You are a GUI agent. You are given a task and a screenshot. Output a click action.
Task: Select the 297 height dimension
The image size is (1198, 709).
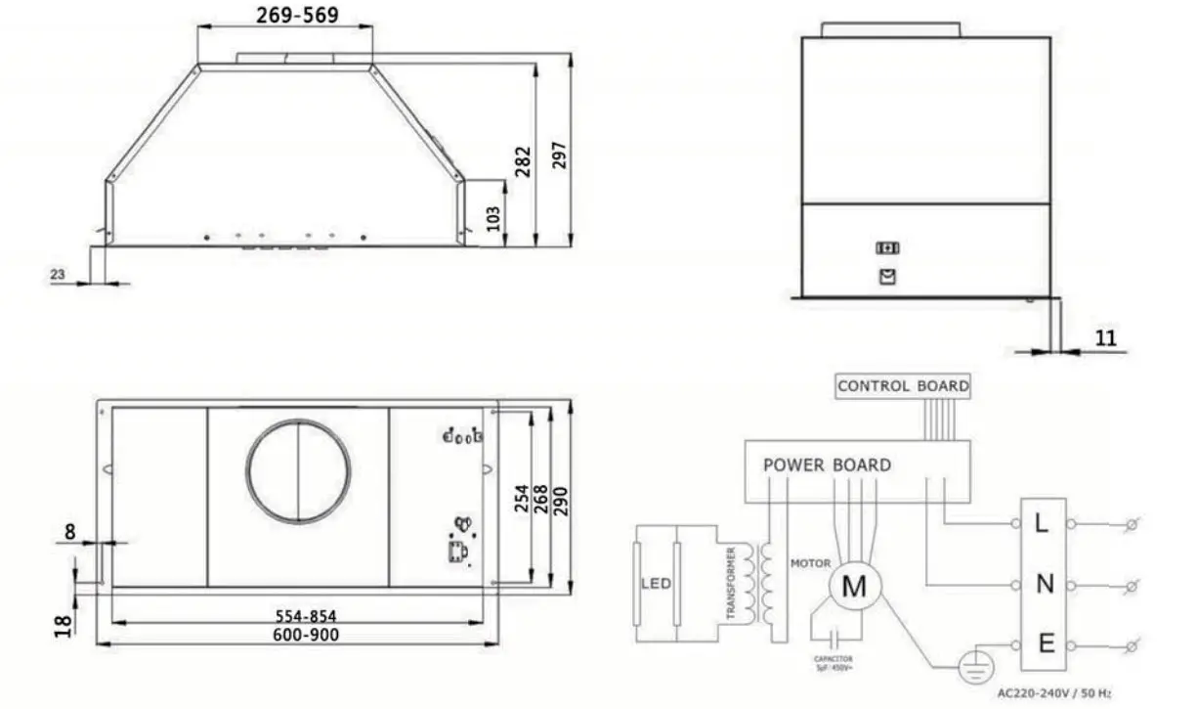pyautogui.click(x=559, y=149)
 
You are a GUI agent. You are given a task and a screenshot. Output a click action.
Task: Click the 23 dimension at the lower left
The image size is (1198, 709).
pyautogui.click(x=57, y=276)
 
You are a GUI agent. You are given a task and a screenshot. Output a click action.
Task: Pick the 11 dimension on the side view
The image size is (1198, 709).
pyautogui.click(x=1105, y=338)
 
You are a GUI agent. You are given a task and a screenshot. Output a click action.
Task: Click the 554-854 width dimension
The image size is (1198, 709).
pyautogui.click(x=300, y=617)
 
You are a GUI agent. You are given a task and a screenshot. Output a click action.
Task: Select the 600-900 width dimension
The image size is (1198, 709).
pyautogui.click(x=300, y=635)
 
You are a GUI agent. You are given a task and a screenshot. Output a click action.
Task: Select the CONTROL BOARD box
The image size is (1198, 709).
pyautogui.click(x=903, y=386)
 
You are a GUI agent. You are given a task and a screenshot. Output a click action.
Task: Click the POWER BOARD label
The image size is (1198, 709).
pyautogui.click(x=827, y=465)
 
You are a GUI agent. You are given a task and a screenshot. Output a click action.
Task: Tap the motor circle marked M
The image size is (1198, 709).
pyautogui.click(x=855, y=587)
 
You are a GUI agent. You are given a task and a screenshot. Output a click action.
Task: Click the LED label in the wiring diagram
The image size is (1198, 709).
pyautogui.click(x=656, y=584)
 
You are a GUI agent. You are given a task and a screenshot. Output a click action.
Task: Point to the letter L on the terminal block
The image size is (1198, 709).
pyautogui.click(x=1042, y=524)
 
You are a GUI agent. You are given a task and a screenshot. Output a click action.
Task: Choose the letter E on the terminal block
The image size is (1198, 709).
pyautogui.click(x=1045, y=644)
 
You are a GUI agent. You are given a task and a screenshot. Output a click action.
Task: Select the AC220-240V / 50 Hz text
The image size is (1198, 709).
pyautogui.click(x=1053, y=693)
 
